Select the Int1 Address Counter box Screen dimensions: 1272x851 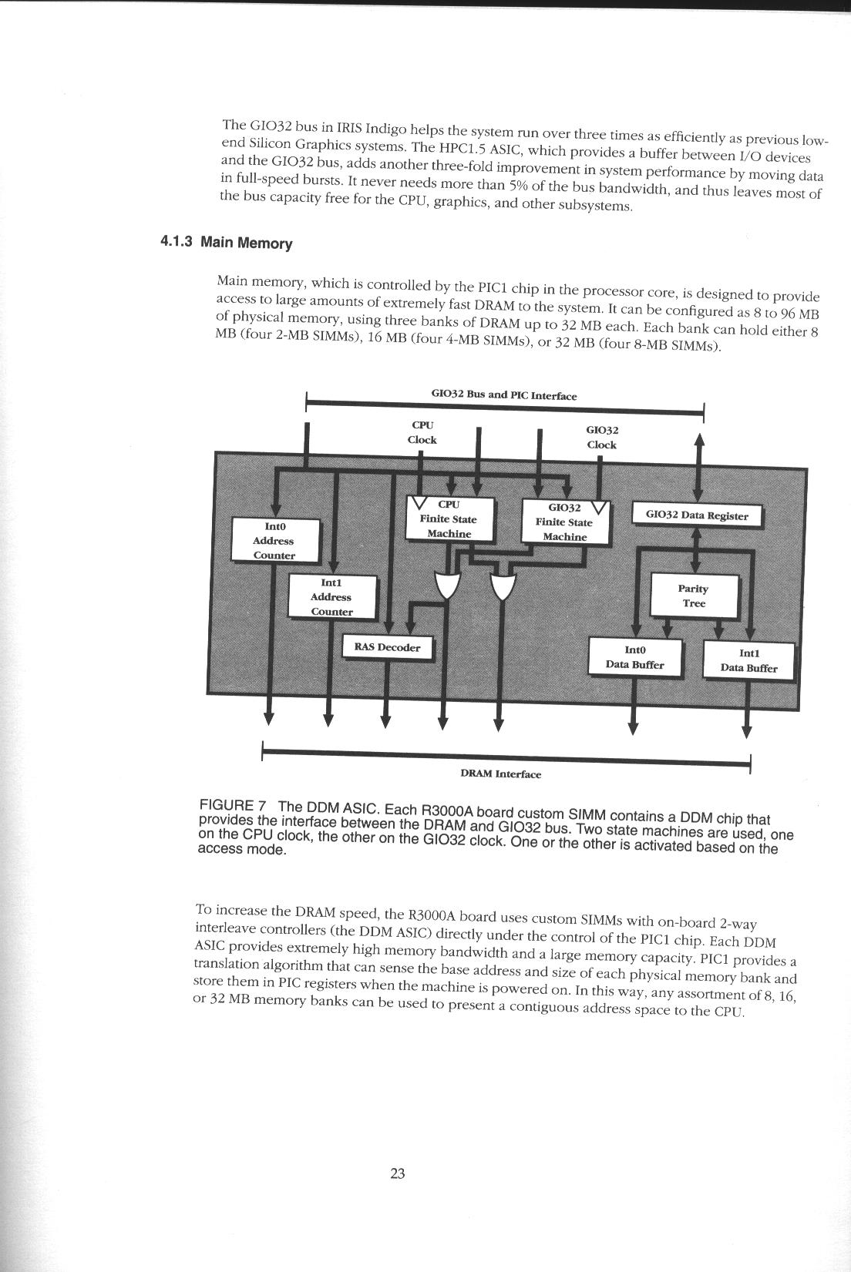(332, 597)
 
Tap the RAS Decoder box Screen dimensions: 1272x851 (388, 648)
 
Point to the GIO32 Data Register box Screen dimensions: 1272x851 (697, 515)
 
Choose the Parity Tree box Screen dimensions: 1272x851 (694, 596)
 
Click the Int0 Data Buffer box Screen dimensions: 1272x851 (634, 657)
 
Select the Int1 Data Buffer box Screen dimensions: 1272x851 (748, 660)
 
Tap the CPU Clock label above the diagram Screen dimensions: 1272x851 (422, 432)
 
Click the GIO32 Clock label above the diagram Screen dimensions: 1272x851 (602, 437)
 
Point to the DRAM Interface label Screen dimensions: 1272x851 (501, 774)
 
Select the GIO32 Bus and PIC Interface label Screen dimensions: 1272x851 (503, 395)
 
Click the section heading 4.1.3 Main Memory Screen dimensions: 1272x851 (227, 243)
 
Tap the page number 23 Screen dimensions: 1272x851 (398, 1173)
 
